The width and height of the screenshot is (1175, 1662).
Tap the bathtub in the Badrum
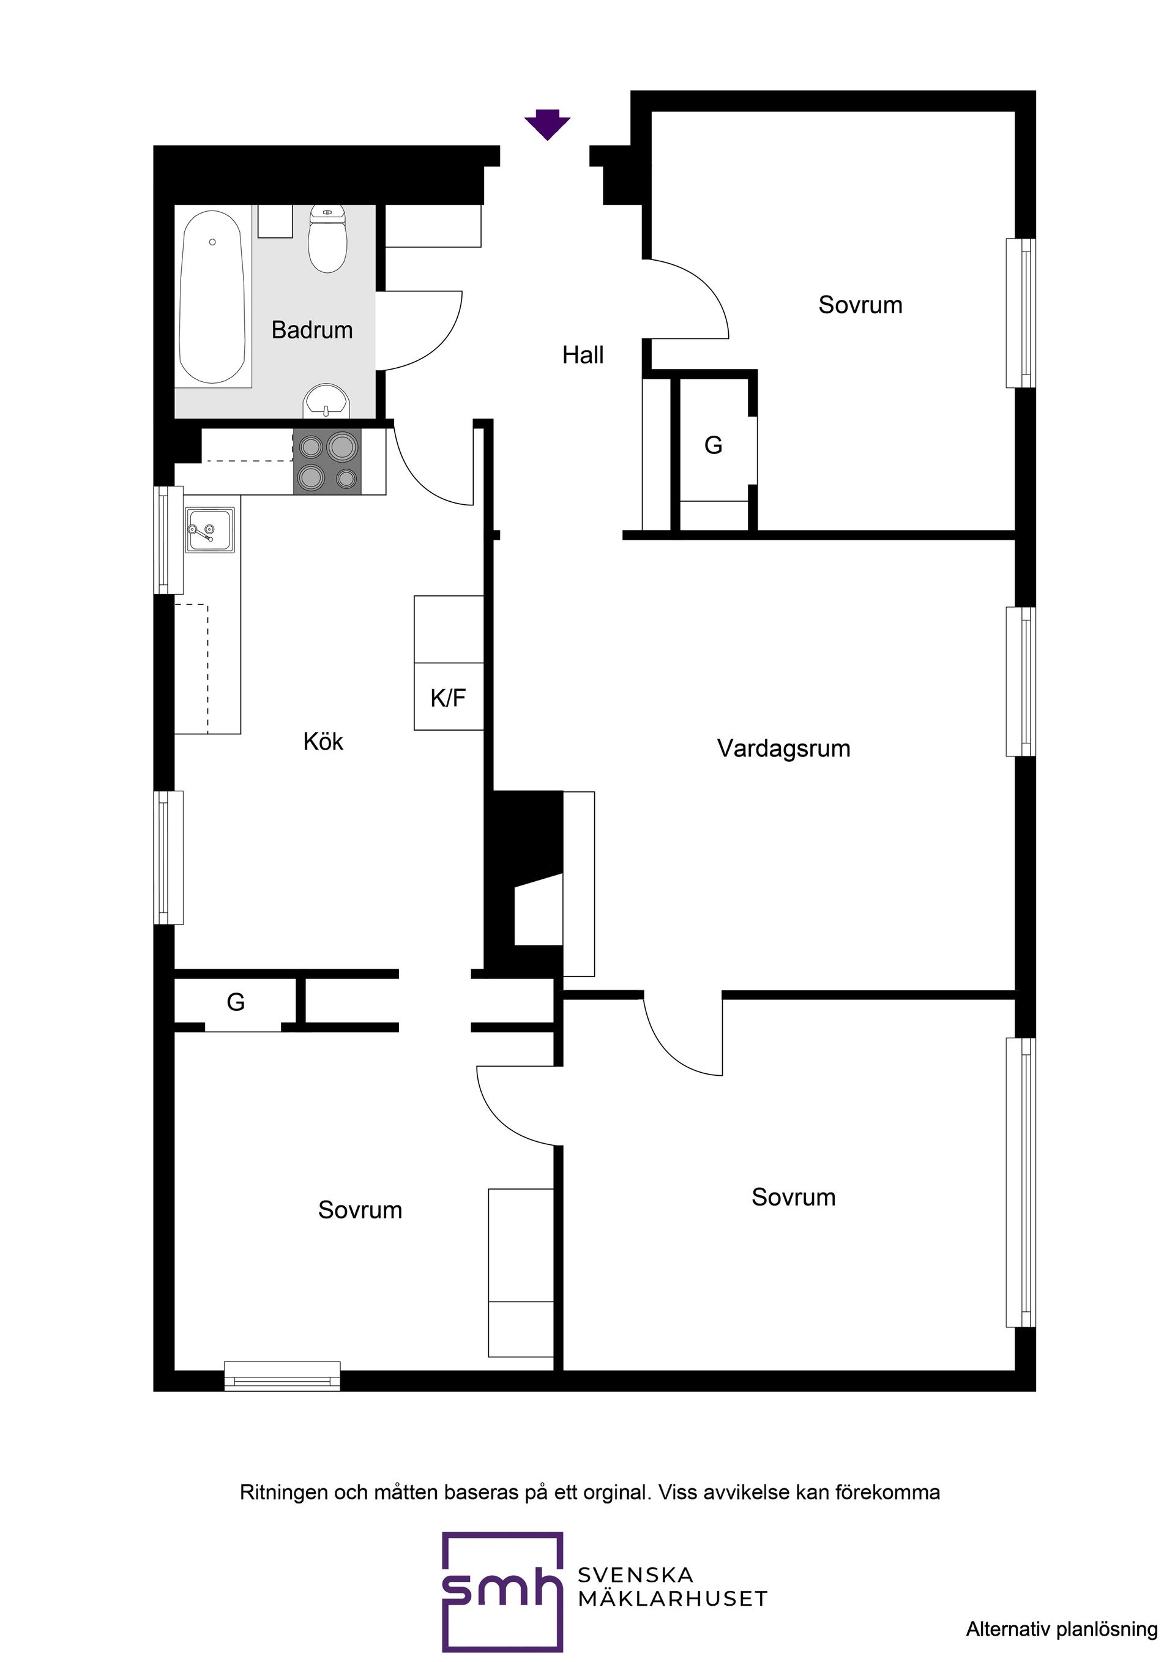(212, 297)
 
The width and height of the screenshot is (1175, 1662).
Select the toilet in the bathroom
(327, 239)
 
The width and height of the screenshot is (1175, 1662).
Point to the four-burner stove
(327, 462)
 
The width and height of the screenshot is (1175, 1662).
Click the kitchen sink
(210, 529)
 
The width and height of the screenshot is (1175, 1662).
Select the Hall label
(583, 355)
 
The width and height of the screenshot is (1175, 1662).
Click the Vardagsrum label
(783, 748)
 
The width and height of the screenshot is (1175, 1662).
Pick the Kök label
(323, 741)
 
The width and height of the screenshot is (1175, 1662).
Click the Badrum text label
(312, 330)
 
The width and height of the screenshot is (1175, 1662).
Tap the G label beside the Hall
(713, 445)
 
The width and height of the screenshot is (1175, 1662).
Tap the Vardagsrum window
(1021, 681)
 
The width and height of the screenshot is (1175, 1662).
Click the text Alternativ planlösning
(1061, 1630)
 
